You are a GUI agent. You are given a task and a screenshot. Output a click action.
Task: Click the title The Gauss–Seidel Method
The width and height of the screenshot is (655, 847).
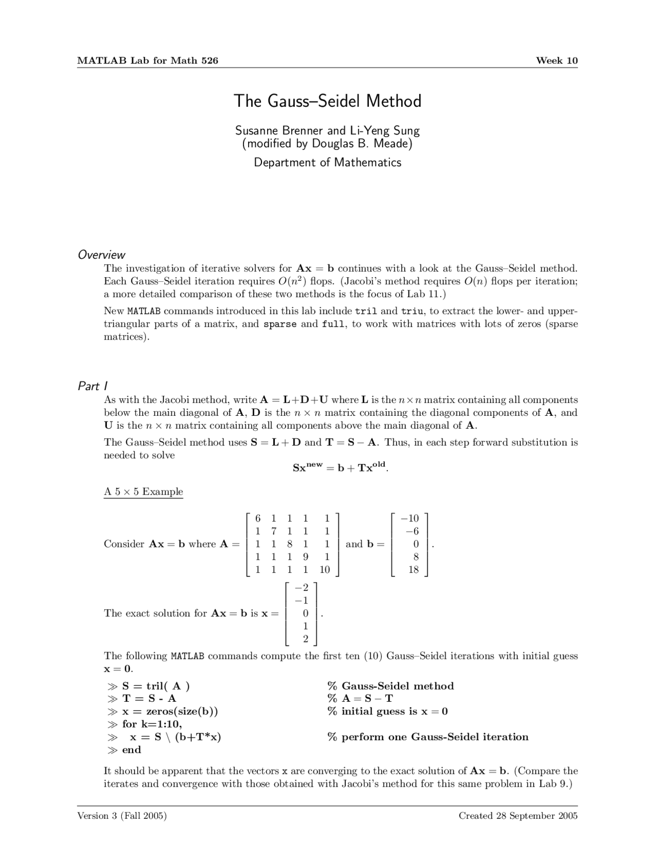(327, 101)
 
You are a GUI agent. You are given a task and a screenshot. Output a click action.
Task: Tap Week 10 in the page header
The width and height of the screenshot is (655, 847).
(557, 61)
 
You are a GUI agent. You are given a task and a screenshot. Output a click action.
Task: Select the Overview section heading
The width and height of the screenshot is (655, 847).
(101, 255)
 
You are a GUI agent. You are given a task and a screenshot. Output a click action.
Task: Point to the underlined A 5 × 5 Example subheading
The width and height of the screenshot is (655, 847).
(143, 492)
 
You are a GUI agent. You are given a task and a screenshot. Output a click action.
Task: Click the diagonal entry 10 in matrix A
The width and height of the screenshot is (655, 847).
(324, 570)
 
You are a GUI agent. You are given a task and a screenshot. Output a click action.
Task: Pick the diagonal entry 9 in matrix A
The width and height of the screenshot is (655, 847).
(305, 557)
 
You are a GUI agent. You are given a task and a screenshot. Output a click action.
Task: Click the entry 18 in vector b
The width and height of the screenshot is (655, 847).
(413, 570)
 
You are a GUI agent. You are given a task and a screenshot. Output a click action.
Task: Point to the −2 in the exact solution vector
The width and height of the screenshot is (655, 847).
(302, 587)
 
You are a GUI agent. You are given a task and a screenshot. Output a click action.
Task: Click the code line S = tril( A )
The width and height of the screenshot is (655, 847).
(156, 686)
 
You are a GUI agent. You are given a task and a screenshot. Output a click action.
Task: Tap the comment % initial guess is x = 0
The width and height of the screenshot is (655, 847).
(387, 711)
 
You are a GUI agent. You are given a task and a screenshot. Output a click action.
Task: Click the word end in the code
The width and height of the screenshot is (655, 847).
(132, 750)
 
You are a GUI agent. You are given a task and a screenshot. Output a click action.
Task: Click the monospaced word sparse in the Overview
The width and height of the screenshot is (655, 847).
(280, 324)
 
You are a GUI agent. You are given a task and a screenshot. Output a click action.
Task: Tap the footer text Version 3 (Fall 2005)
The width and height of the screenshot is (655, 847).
(122, 816)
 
